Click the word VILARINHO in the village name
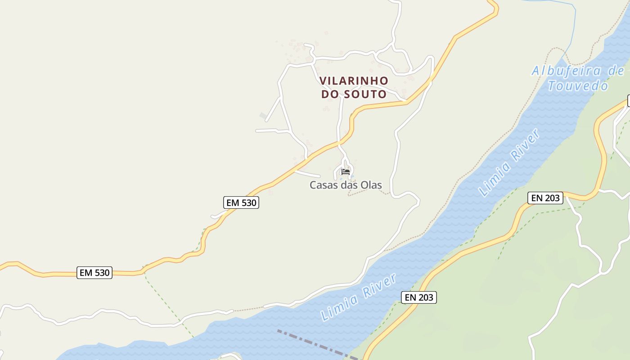[x=354, y=81]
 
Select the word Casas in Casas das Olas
[x=323, y=185]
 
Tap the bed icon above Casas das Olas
[x=346, y=171]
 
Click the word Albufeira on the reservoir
[x=566, y=71]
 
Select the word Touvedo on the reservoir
[x=578, y=85]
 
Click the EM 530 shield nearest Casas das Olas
[x=241, y=202]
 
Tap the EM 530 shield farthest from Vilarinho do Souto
[x=94, y=272]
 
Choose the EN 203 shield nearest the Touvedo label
[x=545, y=198]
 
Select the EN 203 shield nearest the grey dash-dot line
[x=419, y=297]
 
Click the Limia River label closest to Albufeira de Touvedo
[x=509, y=163]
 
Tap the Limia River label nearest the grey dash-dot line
[x=359, y=297]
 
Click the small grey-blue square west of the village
[x=263, y=116]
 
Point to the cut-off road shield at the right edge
[x=628, y=101]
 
